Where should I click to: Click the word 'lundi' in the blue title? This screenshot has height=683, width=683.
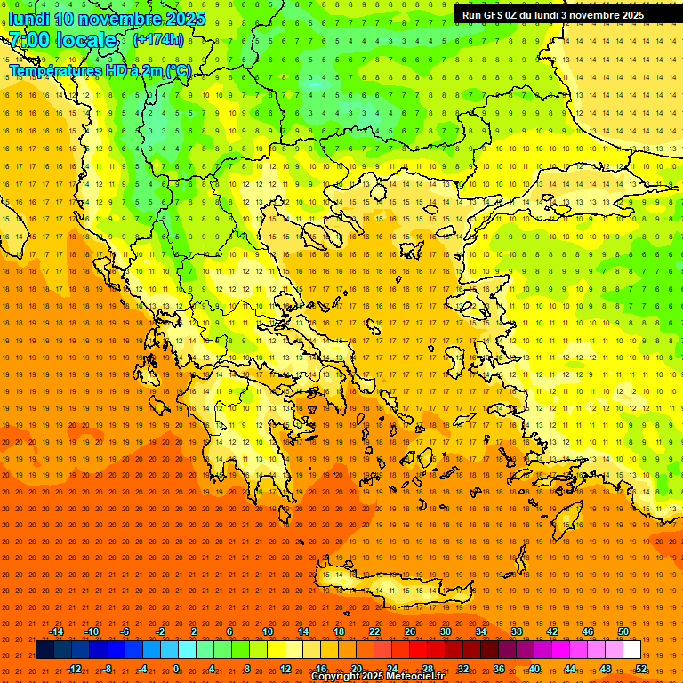[30, 19]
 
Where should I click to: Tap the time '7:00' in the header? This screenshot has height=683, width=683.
[29, 40]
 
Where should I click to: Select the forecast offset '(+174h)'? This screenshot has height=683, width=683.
[158, 39]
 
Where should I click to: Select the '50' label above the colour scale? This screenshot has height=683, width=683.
[623, 631]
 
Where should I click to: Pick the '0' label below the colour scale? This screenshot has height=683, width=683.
[176, 668]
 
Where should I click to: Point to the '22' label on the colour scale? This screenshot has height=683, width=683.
[374, 631]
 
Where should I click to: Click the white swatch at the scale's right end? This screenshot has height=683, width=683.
[631, 650]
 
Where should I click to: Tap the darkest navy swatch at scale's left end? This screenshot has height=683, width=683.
[44, 650]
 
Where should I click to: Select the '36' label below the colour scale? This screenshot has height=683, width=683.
[499, 668]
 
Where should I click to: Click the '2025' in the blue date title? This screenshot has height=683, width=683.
[185, 19]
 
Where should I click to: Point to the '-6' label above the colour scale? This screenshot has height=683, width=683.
[125, 631]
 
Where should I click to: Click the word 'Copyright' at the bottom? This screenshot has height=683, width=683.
[334, 677]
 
